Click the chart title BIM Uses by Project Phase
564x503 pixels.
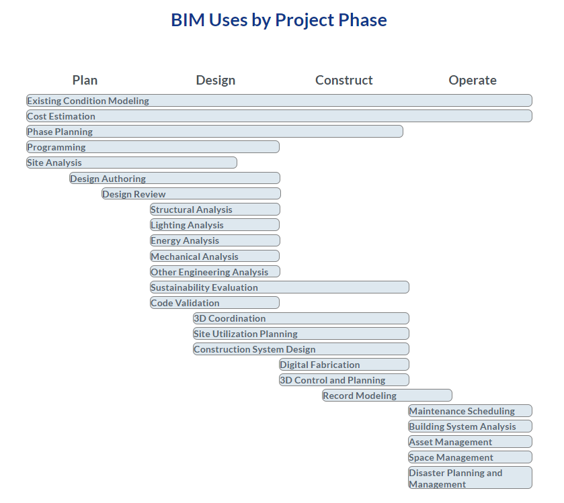(x=279, y=20)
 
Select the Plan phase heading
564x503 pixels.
(x=85, y=80)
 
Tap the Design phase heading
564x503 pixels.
(x=215, y=80)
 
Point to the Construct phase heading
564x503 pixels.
(x=344, y=80)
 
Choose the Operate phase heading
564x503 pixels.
(x=473, y=80)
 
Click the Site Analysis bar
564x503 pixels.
(x=132, y=163)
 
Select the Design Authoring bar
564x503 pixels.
(x=175, y=178)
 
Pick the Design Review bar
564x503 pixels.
(x=191, y=193)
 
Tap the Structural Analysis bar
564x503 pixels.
(x=214, y=210)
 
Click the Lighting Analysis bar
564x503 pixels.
(x=214, y=225)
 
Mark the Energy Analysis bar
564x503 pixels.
(x=214, y=240)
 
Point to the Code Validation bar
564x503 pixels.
(x=214, y=302)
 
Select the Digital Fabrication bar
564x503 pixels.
(x=344, y=365)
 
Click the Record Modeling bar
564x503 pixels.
(x=387, y=396)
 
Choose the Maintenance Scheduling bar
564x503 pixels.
(x=470, y=411)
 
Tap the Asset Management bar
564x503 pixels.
(x=470, y=442)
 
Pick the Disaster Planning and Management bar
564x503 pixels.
(x=470, y=477)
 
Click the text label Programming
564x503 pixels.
(x=56, y=147)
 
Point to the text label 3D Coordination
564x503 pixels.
(x=230, y=318)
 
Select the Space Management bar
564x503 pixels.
(x=470, y=457)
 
